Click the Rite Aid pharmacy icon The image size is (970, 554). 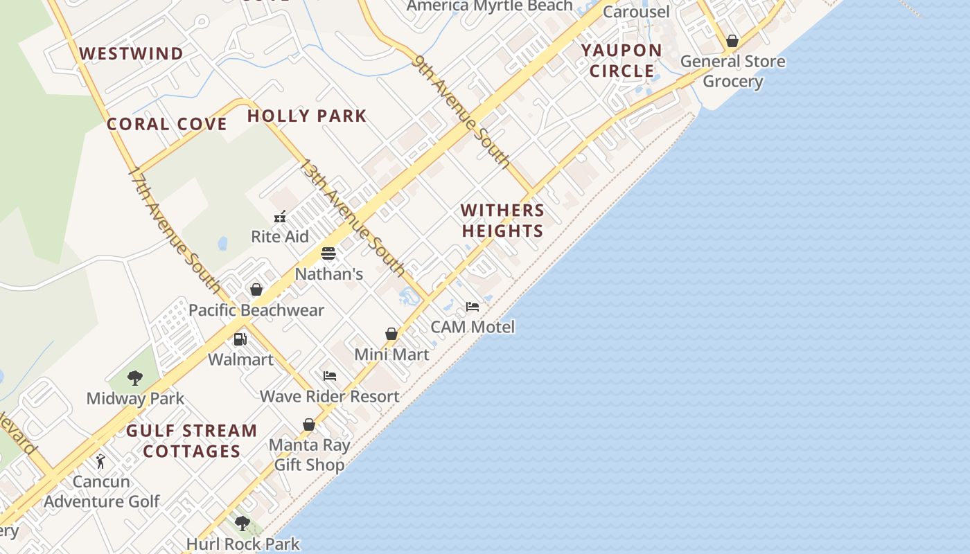[x=280, y=217]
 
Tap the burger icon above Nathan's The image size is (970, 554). [x=328, y=253]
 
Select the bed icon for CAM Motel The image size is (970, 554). [x=473, y=306]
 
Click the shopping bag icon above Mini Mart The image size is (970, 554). [x=391, y=334]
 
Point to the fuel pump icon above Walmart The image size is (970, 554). [x=240, y=339]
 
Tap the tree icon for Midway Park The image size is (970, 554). [x=135, y=378]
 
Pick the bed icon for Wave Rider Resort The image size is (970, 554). [x=330, y=376]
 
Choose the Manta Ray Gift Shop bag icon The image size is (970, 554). [x=309, y=425]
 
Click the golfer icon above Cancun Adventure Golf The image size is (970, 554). [x=101, y=461]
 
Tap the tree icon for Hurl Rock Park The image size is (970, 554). [x=242, y=524]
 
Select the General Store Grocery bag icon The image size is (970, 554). [x=732, y=41]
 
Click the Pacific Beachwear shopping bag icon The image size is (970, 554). [x=256, y=289]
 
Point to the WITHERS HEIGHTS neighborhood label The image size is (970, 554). [x=502, y=220]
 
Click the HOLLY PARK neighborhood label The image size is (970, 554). [x=307, y=116]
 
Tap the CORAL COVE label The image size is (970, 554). [x=166, y=124]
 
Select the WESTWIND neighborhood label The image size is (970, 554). [x=131, y=53]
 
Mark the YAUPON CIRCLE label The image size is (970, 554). [x=621, y=60]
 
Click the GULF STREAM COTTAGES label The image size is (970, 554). [x=191, y=441]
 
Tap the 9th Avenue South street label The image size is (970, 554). [x=461, y=111]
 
